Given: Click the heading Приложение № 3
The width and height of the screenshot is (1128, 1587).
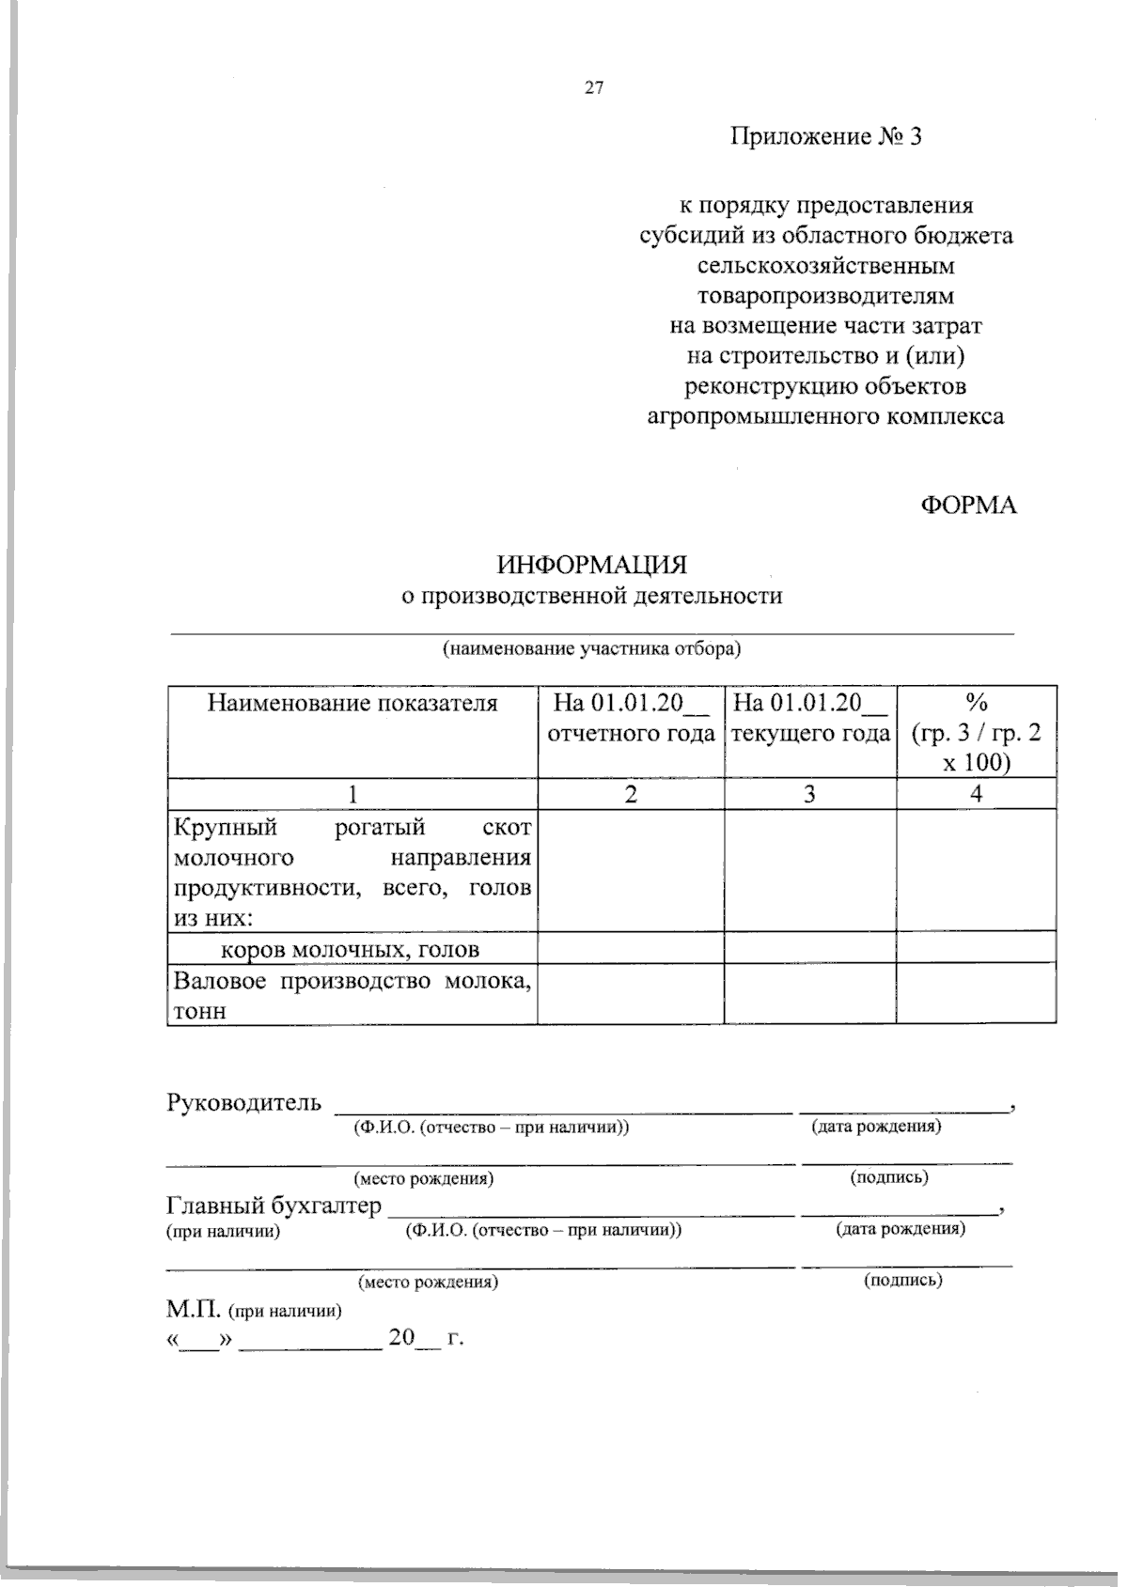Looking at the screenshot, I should coord(827,137).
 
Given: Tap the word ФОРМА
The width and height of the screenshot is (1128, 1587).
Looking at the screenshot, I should coord(967,506).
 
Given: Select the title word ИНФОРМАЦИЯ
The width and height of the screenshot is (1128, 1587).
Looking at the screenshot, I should coord(592,566).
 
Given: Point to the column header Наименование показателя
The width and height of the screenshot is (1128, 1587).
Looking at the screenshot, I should coord(352,703).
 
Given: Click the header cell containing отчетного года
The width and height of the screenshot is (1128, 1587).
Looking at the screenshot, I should coord(631,733).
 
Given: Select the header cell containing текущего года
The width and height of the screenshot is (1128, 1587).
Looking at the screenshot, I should coord(810,733).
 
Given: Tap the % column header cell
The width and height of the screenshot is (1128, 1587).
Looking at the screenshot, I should coord(976,731).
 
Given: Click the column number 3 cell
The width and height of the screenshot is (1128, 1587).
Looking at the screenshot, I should coord(810,794).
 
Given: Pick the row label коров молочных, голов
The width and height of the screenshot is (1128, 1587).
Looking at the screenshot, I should coord(350,950).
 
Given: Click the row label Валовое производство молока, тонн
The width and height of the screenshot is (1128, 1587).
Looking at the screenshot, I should coord(352,994).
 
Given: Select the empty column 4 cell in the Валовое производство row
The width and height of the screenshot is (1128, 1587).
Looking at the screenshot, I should coord(976,994).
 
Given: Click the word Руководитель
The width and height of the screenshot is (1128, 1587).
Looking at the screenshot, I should coord(244,1102).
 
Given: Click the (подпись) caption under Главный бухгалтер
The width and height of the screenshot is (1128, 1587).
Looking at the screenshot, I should coord(903,1280).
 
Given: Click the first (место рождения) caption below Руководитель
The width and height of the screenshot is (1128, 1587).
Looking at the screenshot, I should coord(423,1178).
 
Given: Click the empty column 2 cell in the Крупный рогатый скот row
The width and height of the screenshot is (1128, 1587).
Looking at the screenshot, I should coord(631,871).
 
